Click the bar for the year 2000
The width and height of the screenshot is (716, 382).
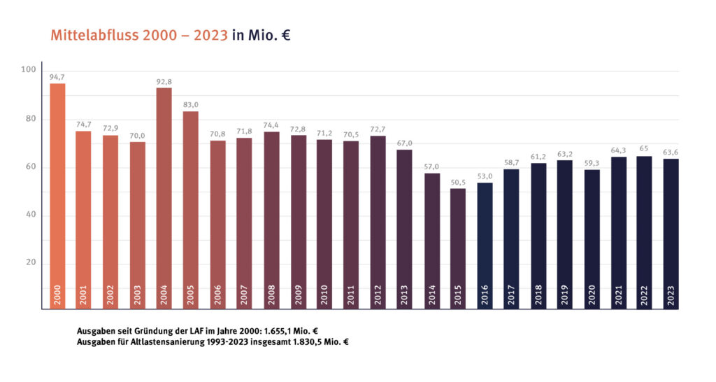pyautogui.click(x=57, y=196)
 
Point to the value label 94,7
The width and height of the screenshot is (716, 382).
pyautogui.click(x=57, y=77)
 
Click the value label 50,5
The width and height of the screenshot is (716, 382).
pyautogui.click(x=458, y=183)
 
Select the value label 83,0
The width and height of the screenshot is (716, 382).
pyautogui.click(x=191, y=105)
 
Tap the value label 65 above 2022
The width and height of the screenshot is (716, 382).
pyautogui.click(x=644, y=150)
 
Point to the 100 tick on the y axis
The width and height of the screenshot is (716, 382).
pyautogui.click(x=28, y=69)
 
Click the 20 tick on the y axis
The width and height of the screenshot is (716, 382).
pyautogui.click(x=30, y=263)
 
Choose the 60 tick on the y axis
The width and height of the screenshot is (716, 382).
pyautogui.click(x=30, y=167)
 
